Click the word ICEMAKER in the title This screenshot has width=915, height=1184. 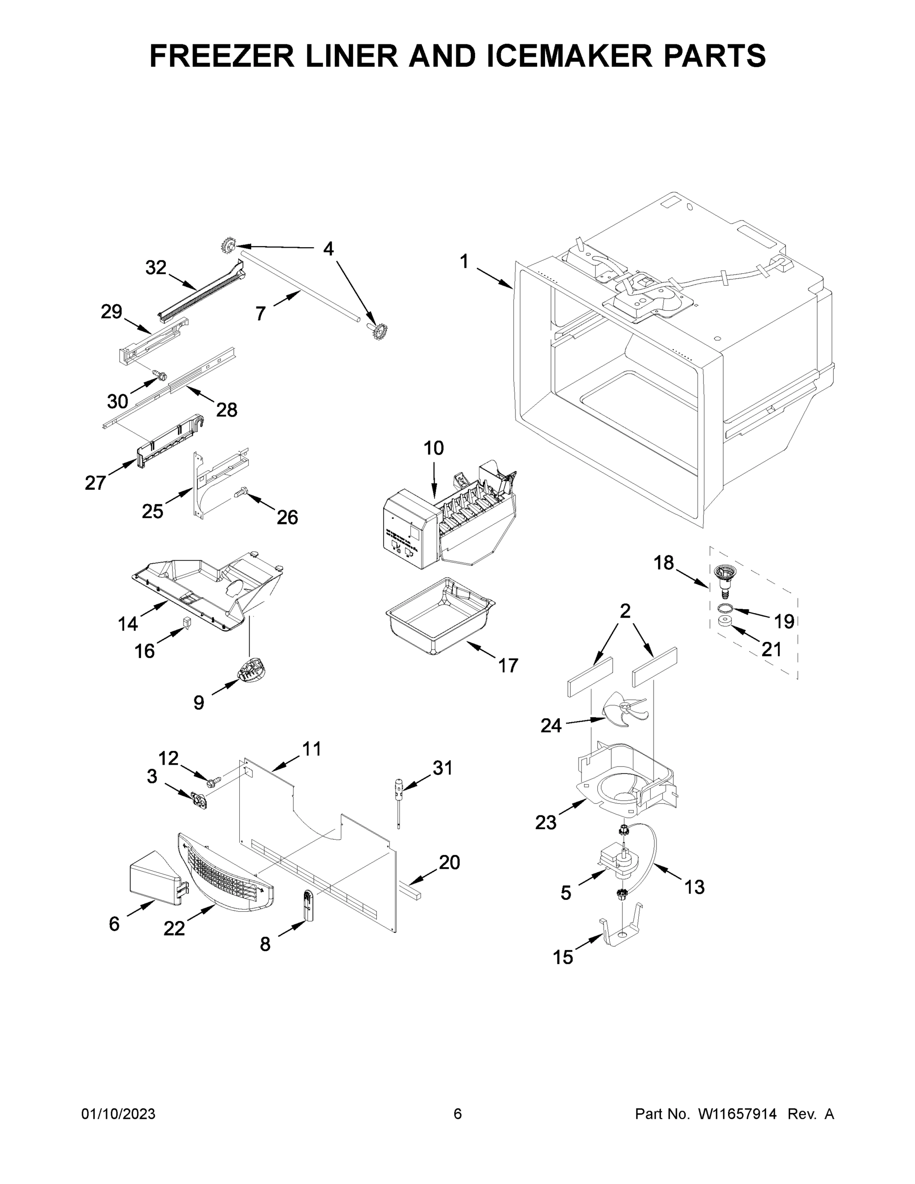(570, 56)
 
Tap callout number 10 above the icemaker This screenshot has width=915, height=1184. (433, 448)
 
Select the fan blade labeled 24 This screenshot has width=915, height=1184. (625, 711)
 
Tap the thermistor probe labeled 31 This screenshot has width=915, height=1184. (399, 799)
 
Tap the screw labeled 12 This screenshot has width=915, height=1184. (213, 782)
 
